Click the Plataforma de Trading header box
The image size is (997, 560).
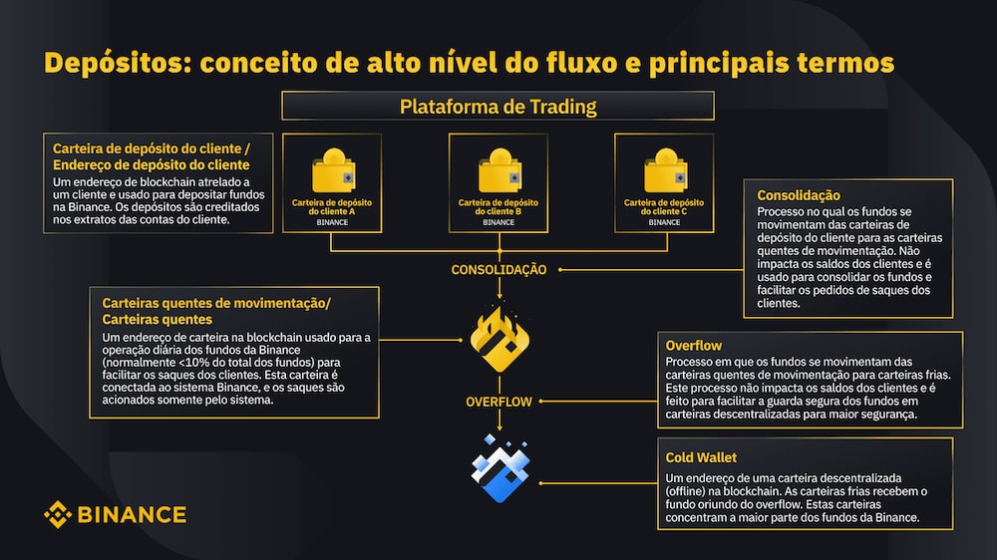pyautogui.click(x=498, y=106)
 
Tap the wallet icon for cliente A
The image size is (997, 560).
pyautogui.click(x=333, y=170)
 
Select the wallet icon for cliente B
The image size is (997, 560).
pyautogui.click(x=499, y=170)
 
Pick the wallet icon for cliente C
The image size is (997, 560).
pyautogui.click(x=666, y=170)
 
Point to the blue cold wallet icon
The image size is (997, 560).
pyautogui.click(x=499, y=468)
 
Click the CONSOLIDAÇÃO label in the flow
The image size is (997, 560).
pyautogui.click(x=498, y=269)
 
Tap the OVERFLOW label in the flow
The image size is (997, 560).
pyautogui.click(x=498, y=402)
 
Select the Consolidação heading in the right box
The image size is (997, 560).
pyautogui.click(x=798, y=195)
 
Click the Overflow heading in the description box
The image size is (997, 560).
pyautogui.click(x=693, y=345)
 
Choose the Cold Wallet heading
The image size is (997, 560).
pyautogui.click(x=701, y=457)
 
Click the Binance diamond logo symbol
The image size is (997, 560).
pyautogui.click(x=57, y=514)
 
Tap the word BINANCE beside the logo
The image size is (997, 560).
pyautogui.click(x=132, y=514)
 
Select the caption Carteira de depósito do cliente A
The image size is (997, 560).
pyautogui.click(x=332, y=206)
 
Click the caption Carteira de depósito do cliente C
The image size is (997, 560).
pyautogui.click(x=664, y=206)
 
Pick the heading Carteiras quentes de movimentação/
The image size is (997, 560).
pyautogui.click(x=216, y=303)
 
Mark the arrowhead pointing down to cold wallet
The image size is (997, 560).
pyautogui.click(x=499, y=426)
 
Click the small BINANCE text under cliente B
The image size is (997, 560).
pyautogui.click(x=498, y=222)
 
